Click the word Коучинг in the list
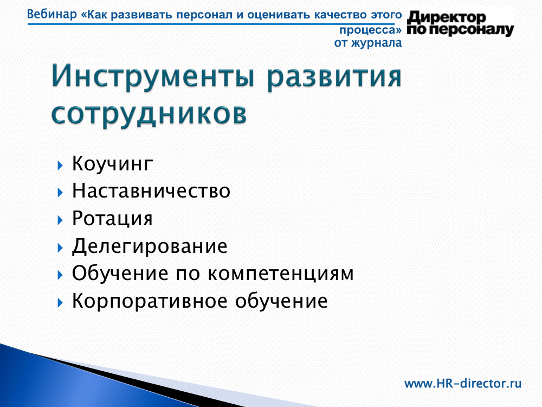click(x=112, y=164)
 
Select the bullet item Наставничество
click(x=151, y=190)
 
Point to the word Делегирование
click(x=150, y=246)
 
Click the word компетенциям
click(x=281, y=274)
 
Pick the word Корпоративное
click(x=150, y=301)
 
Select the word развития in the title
click(x=334, y=78)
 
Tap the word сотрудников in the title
click(x=150, y=114)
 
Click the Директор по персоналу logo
click(x=460, y=23)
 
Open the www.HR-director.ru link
click(x=463, y=384)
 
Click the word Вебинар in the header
click(x=52, y=15)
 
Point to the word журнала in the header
click(x=377, y=43)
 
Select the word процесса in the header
click(x=367, y=30)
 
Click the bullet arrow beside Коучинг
click(x=60, y=165)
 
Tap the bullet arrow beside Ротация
click(x=60, y=220)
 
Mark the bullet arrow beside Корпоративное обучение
click(x=60, y=303)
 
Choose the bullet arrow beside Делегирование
click(x=60, y=247)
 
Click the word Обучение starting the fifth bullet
click(x=121, y=273)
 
